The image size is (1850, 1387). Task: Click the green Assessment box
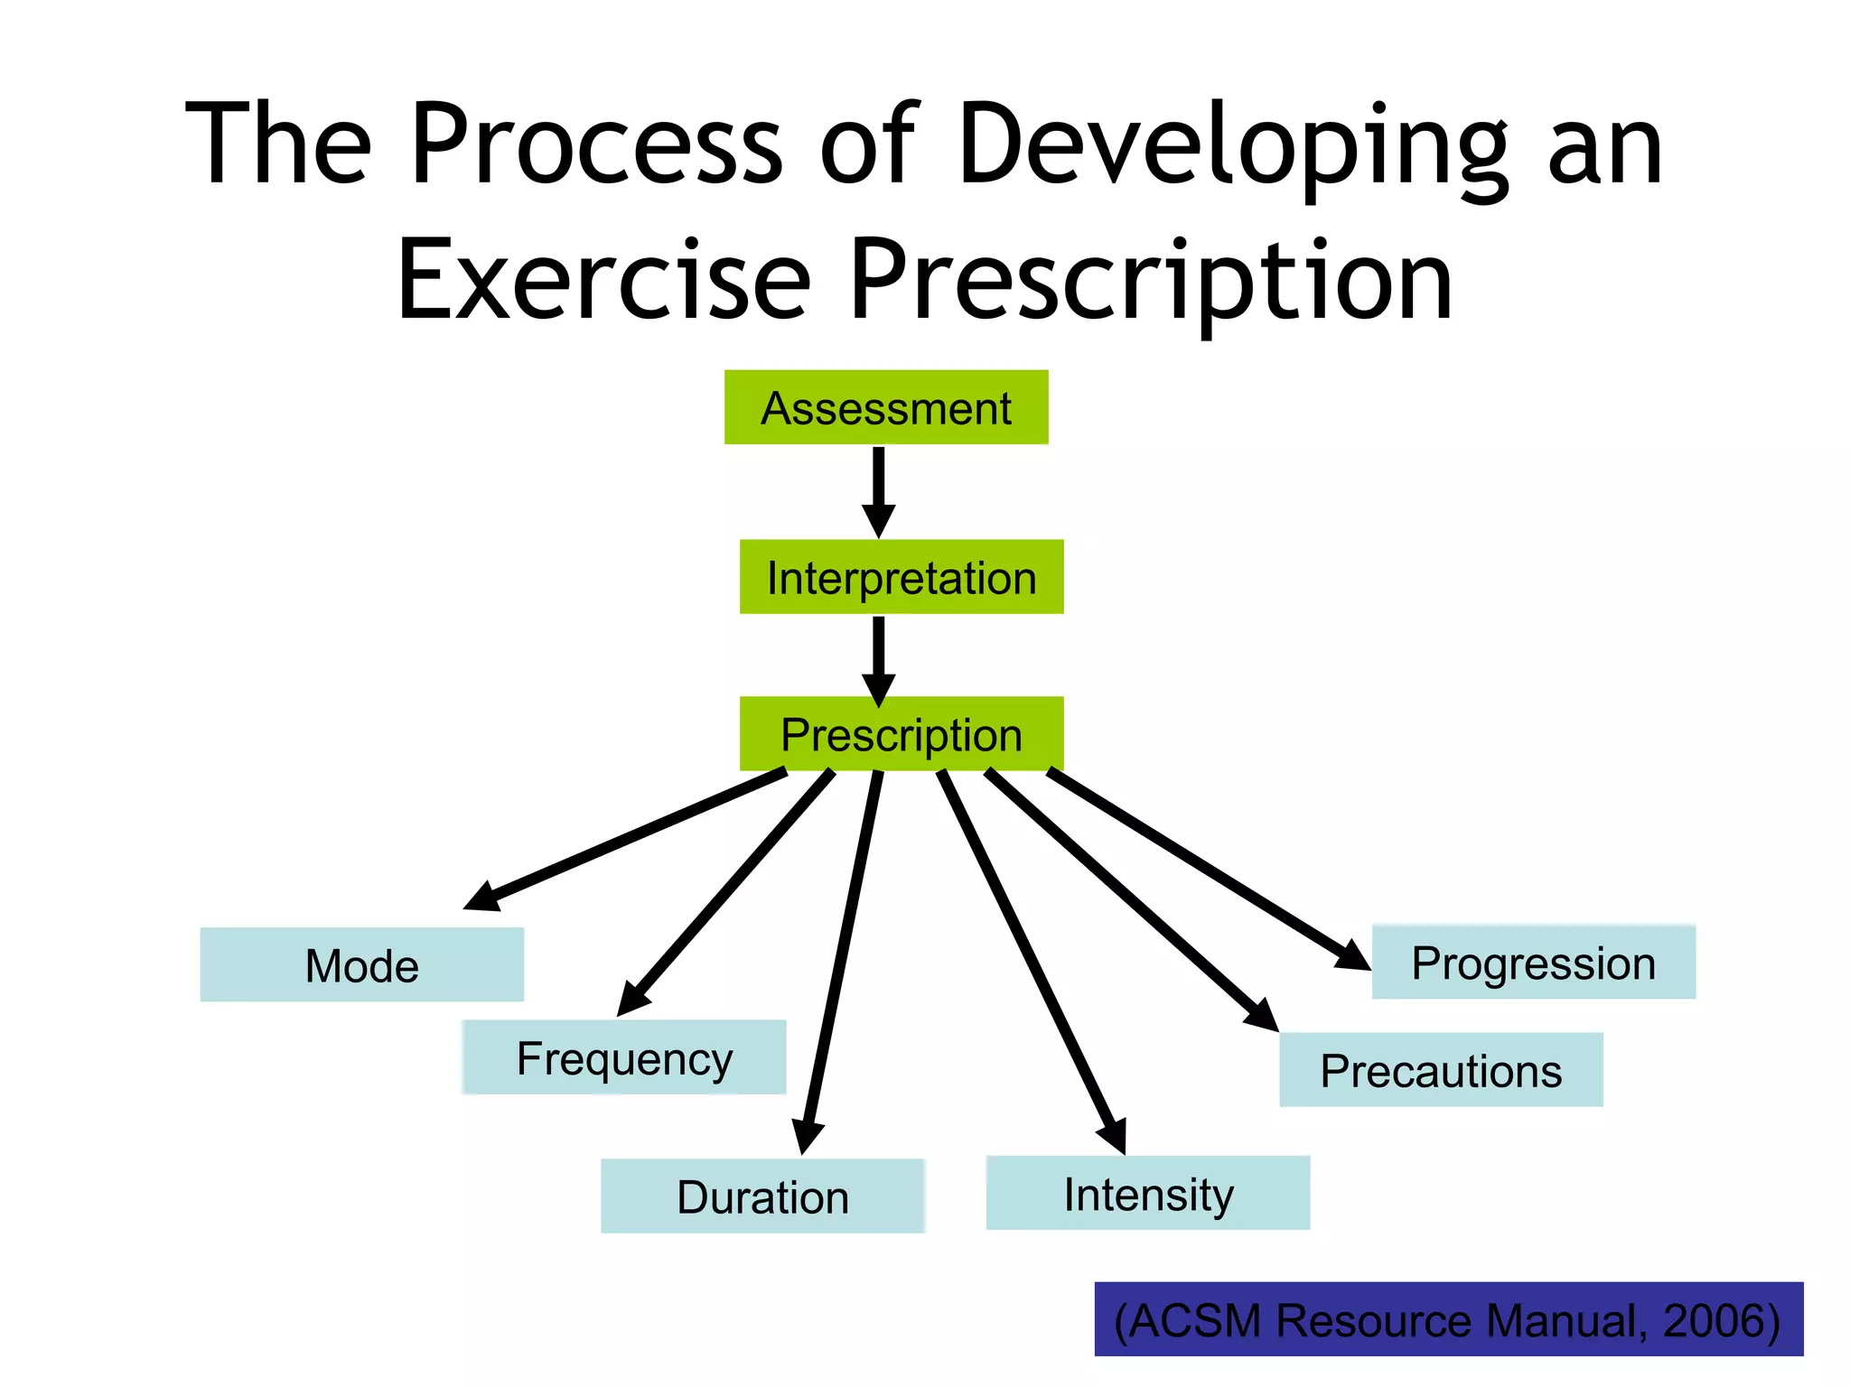point(886,407)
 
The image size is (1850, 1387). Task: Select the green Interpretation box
point(901,577)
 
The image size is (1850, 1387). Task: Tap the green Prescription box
point(901,733)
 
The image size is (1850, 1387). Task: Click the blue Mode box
point(361,964)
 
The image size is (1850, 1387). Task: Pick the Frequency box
point(623,1057)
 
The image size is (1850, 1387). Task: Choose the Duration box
point(762,1196)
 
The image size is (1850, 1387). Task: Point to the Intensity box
point(1147,1193)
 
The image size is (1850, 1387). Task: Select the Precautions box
point(1441,1070)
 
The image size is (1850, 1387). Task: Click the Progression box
point(1533,962)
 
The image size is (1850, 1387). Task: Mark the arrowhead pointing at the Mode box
point(481,897)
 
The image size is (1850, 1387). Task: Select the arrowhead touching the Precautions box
point(1261,1014)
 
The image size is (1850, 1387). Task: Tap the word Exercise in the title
point(603,280)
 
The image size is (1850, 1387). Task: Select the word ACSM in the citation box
point(1197,1320)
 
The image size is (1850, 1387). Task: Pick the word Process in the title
point(596,144)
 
